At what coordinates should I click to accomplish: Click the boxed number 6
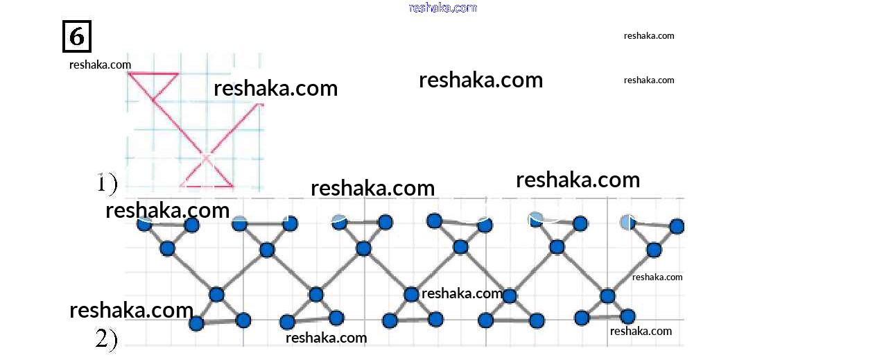pyautogui.click(x=76, y=36)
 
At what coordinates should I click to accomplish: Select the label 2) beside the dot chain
pyautogui.click(x=106, y=338)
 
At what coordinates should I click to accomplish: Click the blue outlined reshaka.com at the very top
pyautogui.click(x=443, y=8)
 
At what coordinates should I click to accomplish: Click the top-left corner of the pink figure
pyautogui.click(x=129, y=73)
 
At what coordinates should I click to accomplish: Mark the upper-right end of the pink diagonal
pyautogui.click(x=262, y=105)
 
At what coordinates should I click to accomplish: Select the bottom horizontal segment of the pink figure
pyautogui.click(x=207, y=186)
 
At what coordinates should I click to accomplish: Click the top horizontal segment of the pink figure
pyautogui.click(x=153, y=73)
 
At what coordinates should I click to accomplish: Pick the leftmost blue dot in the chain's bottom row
pyautogui.click(x=196, y=323)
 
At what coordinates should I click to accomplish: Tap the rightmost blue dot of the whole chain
pyautogui.click(x=677, y=226)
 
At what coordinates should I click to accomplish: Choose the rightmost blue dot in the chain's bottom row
pyautogui.click(x=627, y=316)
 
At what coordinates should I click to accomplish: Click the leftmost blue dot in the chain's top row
pyautogui.click(x=144, y=223)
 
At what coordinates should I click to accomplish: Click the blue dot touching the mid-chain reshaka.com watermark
pyautogui.click(x=410, y=294)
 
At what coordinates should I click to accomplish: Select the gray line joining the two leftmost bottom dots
pyautogui.click(x=220, y=322)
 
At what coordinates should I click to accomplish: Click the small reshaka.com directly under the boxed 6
pyautogui.click(x=100, y=65)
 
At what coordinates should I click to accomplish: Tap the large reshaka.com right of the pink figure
pyautogui.click(x=275, y=88)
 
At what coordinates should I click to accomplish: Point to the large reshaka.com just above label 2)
pyautogui.click(x=131, y=310)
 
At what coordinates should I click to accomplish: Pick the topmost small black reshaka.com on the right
pyautogui.click(x=649, y=35)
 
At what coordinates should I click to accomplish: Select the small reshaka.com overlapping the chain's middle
pyautogui.click(x=462, y=293)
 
